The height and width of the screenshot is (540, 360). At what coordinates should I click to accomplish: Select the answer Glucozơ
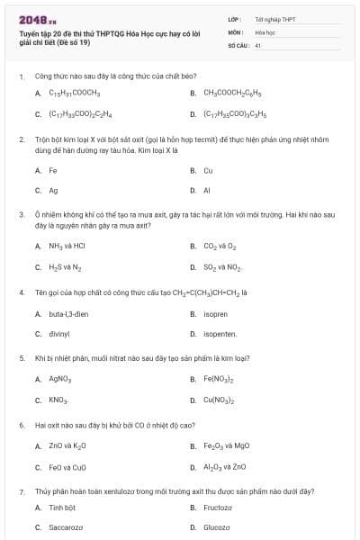(217, 527)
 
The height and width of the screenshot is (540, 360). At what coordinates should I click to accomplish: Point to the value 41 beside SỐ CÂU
(258, 44)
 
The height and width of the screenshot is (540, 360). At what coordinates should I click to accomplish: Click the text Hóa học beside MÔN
(265, 31)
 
